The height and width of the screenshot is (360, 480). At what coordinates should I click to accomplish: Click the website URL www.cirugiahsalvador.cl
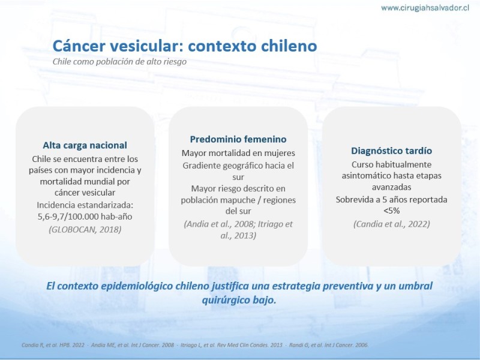coord(425,8)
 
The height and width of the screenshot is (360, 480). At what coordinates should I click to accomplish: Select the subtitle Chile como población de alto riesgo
coord(119,62)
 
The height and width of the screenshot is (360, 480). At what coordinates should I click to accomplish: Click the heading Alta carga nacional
coord(85,145)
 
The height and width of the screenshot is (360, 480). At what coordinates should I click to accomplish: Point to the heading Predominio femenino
coord(238,139)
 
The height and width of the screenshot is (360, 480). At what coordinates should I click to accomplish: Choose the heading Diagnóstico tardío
coord(392,151)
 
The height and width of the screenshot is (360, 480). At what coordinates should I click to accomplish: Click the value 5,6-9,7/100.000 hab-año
coord(85,217)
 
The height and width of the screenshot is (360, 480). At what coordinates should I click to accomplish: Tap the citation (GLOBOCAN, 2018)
coord(85,229)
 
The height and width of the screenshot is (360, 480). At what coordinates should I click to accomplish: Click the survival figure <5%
coord(392,211)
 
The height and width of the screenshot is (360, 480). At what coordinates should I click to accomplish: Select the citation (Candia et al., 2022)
coord(392,224)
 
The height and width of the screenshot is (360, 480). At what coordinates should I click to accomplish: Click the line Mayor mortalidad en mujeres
coord(238,153)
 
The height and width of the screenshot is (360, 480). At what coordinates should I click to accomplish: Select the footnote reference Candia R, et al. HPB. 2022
coord(53,345)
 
